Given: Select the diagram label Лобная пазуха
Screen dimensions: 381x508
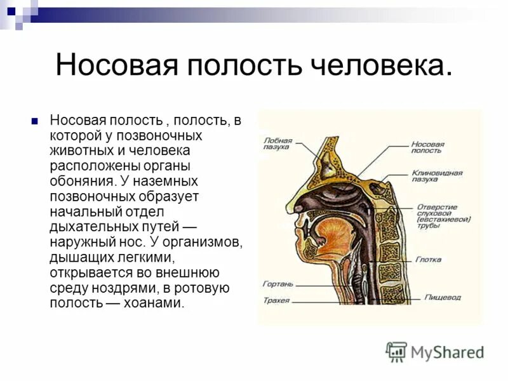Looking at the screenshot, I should pos(277,143).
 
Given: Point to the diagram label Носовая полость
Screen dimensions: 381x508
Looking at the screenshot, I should pos(427,147).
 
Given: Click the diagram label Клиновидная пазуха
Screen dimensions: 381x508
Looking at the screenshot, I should pos(436,176).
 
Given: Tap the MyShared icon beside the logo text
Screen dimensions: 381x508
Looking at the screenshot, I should pos(396,351).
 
